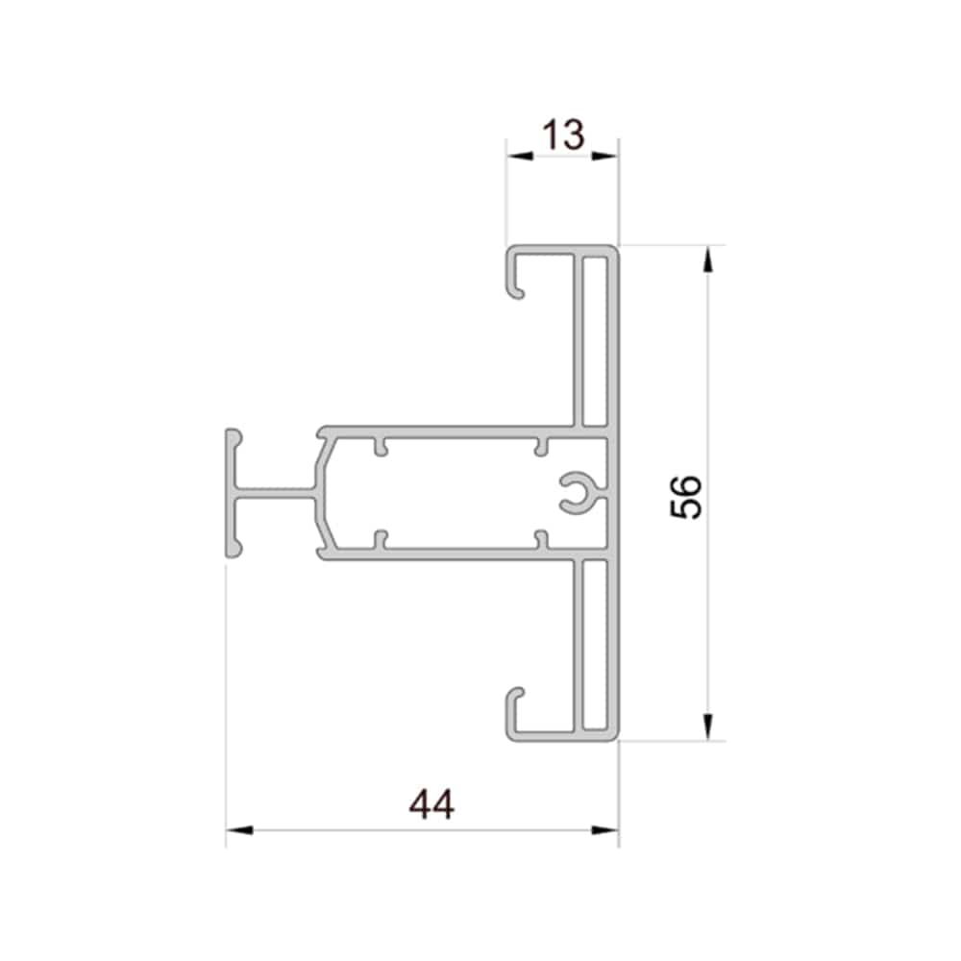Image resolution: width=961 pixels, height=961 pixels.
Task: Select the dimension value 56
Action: click(686, 497)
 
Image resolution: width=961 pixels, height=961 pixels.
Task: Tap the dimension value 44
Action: click(432, 804)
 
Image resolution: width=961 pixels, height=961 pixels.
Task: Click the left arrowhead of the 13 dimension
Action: click(520, 156)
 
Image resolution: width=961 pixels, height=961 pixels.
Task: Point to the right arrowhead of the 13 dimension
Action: click(604, 156)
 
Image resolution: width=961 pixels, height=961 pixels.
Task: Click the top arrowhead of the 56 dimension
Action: click(708, 259)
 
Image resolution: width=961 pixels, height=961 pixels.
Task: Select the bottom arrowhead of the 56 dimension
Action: click(708, 727)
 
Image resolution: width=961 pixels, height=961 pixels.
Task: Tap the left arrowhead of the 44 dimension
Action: click(239, 830)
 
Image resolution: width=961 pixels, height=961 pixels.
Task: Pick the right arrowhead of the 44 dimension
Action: click(604, 830)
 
